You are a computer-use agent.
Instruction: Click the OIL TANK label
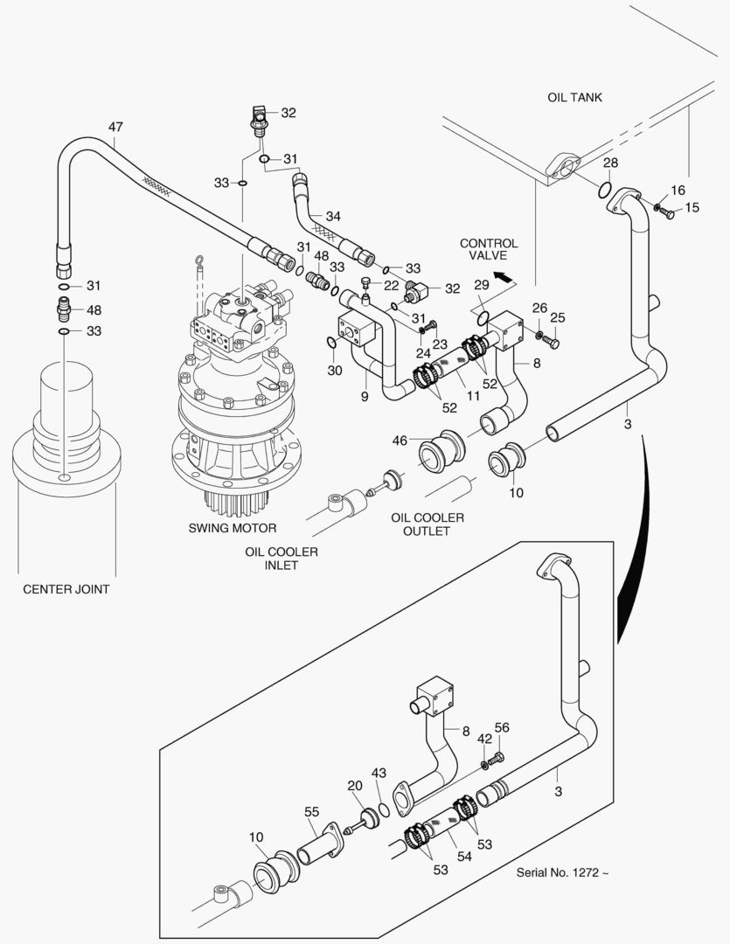574,98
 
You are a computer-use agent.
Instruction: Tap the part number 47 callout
115,127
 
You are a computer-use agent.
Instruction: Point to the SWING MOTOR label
233,528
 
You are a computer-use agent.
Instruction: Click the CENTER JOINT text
66,589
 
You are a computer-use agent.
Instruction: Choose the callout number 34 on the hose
333,216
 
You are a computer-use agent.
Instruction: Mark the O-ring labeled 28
603,189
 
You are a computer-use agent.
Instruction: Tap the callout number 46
400,442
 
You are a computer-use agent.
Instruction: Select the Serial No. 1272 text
561,871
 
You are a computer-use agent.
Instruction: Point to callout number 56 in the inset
502,727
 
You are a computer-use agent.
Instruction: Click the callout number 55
311,812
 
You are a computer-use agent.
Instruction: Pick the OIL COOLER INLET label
281,559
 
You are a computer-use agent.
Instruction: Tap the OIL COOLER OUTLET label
428,524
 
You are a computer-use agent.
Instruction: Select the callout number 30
335,371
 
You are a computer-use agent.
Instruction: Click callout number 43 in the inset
378,773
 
